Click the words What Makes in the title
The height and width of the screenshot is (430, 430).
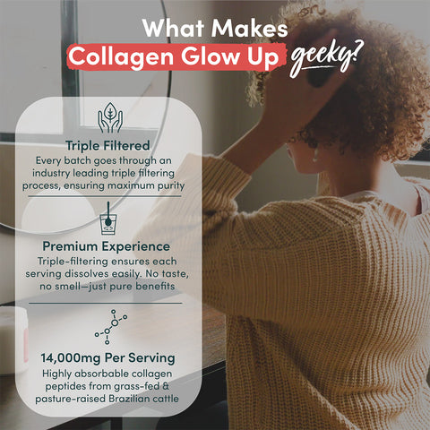click(x=215, y=27)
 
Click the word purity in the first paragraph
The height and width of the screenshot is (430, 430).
click(x=167, y=185)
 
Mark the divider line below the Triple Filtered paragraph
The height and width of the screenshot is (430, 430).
click(x=108, y=199)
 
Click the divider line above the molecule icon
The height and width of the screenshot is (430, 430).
click(x=108, y=302)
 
